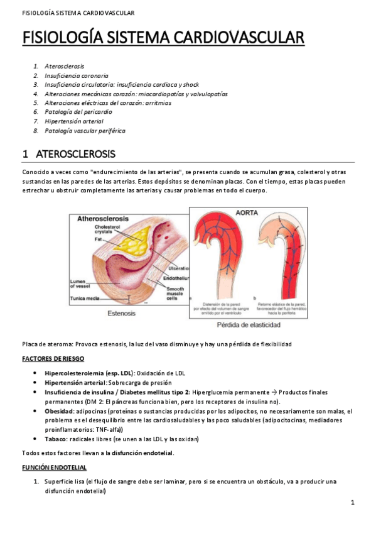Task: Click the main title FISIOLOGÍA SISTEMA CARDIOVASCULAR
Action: tap(163, 38)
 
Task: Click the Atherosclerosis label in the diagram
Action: tap(103, 218)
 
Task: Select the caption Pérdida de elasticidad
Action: tap(249, 326)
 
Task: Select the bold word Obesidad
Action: tap(59, 410)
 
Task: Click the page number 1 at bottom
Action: tap(353, 502)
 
